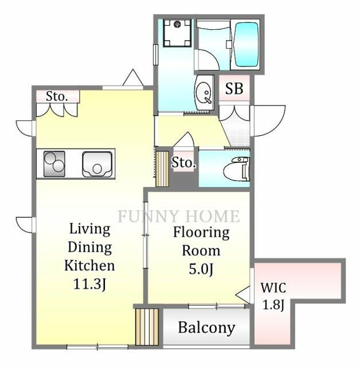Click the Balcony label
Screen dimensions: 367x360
click(x=206, y=327)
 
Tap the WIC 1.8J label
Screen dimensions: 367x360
click(x=273, y=295)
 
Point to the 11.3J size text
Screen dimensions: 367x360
click(x=89, y=284)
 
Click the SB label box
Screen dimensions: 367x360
click(x=233, y=89)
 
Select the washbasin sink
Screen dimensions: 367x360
click(x=203, y=92)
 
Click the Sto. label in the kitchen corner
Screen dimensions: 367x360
click(x=57, y=96)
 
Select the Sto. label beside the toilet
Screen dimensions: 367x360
click(x=183, y=163)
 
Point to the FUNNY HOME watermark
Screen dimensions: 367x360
click(x=178, y=216)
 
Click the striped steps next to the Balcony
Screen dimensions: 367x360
click(x=146, y=326)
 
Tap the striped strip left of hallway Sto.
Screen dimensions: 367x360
click(x=162, y=168)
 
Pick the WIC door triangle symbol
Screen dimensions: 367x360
click(x=245, y=295)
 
